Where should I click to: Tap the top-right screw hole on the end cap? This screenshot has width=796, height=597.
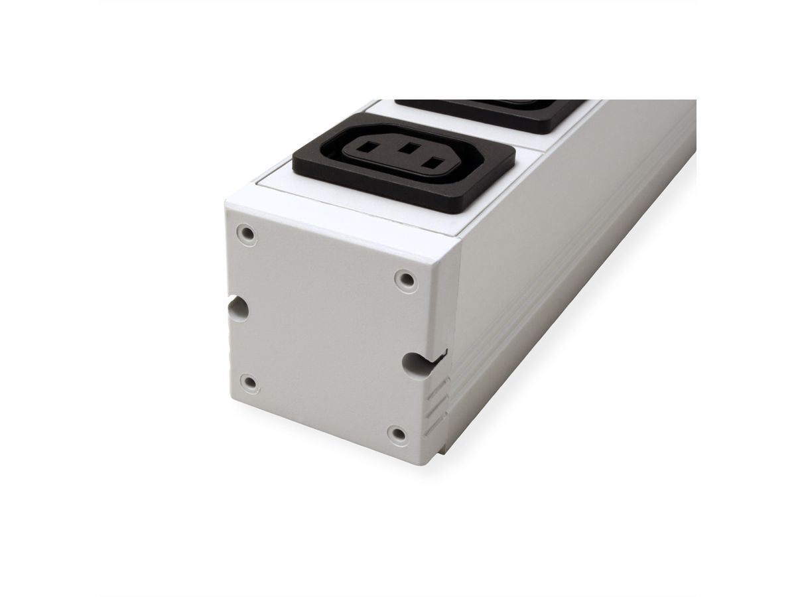click(407, 279)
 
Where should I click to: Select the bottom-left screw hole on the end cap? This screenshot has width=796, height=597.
click(250, 383)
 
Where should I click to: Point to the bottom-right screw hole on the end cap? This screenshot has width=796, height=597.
click(398, 434)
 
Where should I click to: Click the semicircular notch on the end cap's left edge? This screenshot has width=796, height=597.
click(237, 309)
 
